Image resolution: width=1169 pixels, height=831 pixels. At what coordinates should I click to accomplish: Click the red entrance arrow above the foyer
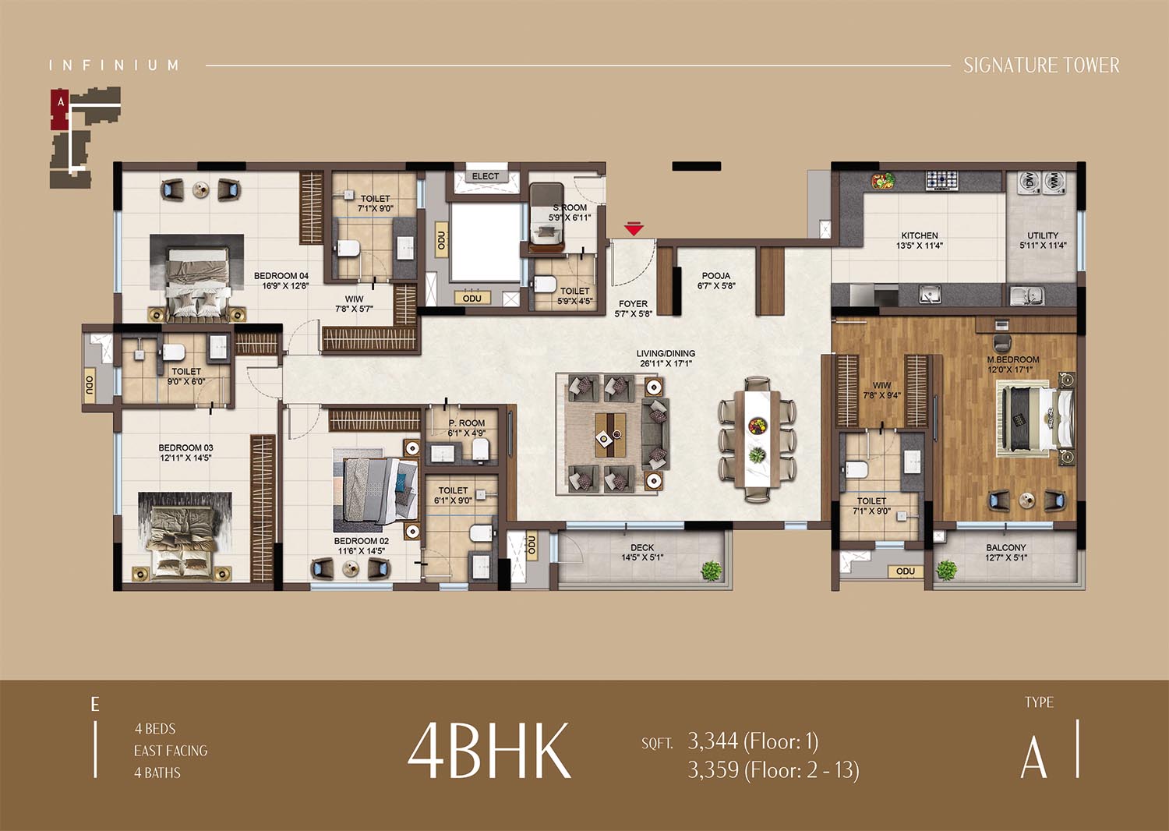tap(633, 228)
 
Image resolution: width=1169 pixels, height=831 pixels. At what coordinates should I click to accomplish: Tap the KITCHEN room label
tap(920, 236)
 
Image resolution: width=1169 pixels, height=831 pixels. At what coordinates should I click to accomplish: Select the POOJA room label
tap(716, 276)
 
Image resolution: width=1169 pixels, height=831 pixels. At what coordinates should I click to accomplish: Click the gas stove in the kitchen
tap(942, 180)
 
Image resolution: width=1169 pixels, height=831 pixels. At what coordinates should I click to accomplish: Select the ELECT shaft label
tap(486, 176)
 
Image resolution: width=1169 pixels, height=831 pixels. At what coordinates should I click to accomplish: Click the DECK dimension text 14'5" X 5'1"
tap(642, 557)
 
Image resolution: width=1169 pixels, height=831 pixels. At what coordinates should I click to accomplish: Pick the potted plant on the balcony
tap(947, 570)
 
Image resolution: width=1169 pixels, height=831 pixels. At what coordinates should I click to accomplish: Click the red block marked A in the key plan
tap(61, 108)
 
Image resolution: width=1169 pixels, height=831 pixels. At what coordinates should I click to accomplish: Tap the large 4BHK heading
tap(489, 750)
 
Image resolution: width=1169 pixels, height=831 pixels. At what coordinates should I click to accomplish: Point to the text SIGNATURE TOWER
tap(1041, 65)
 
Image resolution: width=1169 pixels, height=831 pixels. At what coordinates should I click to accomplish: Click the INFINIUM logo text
tap(114, 65)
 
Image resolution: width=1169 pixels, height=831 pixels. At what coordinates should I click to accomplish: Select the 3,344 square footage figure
tap(713, 741)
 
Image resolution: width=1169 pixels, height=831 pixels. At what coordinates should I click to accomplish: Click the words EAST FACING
tap(171, 751)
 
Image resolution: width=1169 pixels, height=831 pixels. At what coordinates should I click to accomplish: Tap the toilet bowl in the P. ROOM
tap(481, 449)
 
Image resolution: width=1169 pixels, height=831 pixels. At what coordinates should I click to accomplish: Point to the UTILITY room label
tap(1043, 235)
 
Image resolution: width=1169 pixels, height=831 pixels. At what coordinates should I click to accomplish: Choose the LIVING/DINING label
tap(666, 353)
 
